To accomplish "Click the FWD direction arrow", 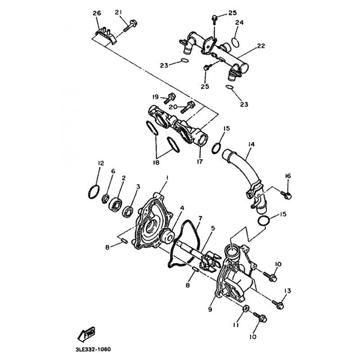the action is [86, 334].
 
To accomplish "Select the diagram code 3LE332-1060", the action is [93, 350].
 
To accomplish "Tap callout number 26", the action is [97, 13].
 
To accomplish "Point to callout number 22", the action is [261, 46].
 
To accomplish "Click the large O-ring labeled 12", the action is [94, 192].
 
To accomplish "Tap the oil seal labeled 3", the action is [128, 211].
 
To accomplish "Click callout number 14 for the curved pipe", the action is [252, 144].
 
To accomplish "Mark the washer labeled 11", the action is [245, 308].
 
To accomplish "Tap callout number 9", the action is [210, 309].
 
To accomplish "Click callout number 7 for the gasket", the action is [200, 218].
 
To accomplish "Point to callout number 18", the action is [156, 162].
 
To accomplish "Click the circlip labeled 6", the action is [106, 198].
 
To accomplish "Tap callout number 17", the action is [200, 162].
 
